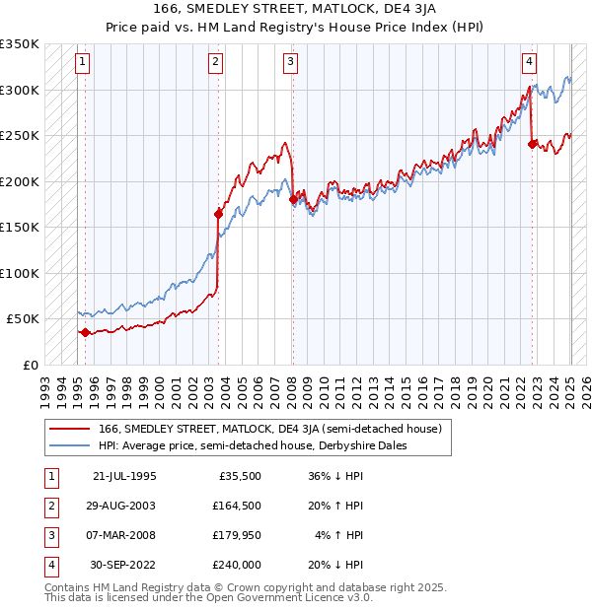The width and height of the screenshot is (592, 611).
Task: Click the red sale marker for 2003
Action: (x=218, y=213)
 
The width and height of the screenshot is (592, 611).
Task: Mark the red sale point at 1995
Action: (x=85, y=332)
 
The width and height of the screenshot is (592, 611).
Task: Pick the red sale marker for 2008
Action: (x=293, y=199)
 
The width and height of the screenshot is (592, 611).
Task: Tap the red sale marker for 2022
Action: (x=533, y=144)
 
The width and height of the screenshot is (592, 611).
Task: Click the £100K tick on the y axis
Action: (x=20, y=273)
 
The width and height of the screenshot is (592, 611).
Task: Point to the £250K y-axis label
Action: (x=20, y=135)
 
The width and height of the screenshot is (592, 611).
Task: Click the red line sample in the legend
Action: (x=70, y=429)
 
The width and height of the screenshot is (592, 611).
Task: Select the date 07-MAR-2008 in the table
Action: (x=123, y=535)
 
